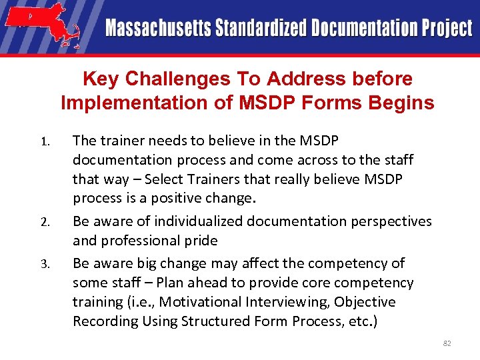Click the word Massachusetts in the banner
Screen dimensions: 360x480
[x=157, y=28]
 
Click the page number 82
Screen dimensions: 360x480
[x=447, y=343]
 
